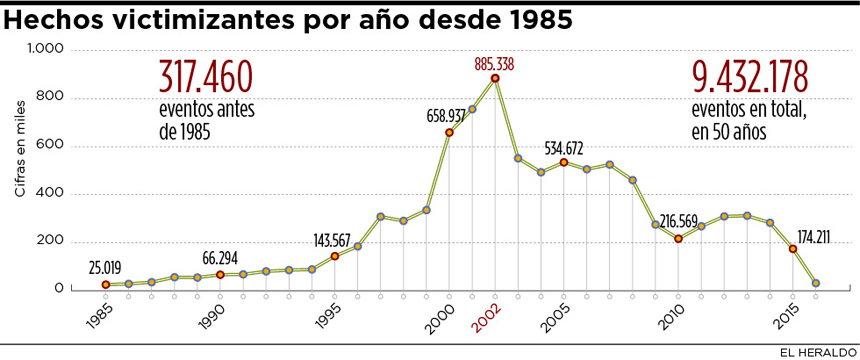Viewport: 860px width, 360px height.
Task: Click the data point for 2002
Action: (x=495, y=78)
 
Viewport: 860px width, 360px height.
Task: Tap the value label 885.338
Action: (x=494, y=64)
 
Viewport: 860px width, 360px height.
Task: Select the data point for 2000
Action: (x=449, y=132)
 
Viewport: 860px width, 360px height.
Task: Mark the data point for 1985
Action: (x=105, y=284)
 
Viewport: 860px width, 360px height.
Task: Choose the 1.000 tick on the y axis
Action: (x=45, y=49)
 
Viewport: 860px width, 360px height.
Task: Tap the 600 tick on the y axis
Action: (x=51, y=145)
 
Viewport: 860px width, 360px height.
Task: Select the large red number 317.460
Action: (x=205, y=77)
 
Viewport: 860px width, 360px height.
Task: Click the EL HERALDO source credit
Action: (x=819, y=350)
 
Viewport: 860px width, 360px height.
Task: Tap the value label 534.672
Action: (x=565, y=149)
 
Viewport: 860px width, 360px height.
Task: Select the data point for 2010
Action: (x=678, y=239)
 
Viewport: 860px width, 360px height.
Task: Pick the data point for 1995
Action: (x=334, y=256)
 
